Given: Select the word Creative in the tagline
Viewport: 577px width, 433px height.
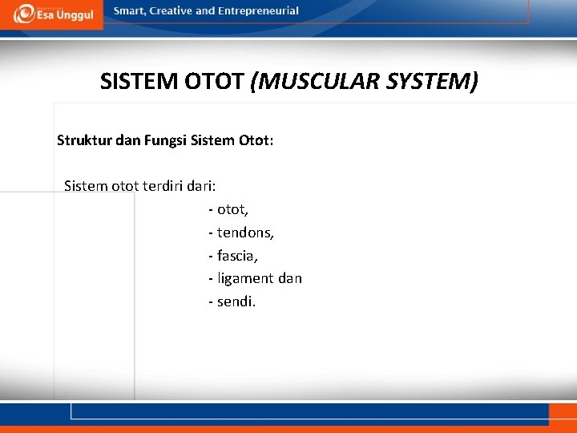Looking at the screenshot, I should [x=170, y=11].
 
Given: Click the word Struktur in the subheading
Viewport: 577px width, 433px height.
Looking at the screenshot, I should [x=84, y=141].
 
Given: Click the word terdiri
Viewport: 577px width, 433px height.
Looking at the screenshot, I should [x=163, y=186].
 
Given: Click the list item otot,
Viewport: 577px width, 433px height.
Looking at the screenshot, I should [x=232, y=209].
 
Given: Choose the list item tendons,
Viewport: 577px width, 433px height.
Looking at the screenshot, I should [x=245, y=233].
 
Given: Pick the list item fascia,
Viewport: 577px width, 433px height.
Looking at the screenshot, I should [x=237, y=256].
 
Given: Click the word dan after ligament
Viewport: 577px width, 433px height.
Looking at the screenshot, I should [x=290, y=279].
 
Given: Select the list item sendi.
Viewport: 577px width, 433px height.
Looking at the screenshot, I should [x=236, y=302].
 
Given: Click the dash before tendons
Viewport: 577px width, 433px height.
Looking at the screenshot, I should [x=211, y=233].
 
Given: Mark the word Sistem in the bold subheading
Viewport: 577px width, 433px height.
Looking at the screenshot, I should [x=213, y=141].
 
